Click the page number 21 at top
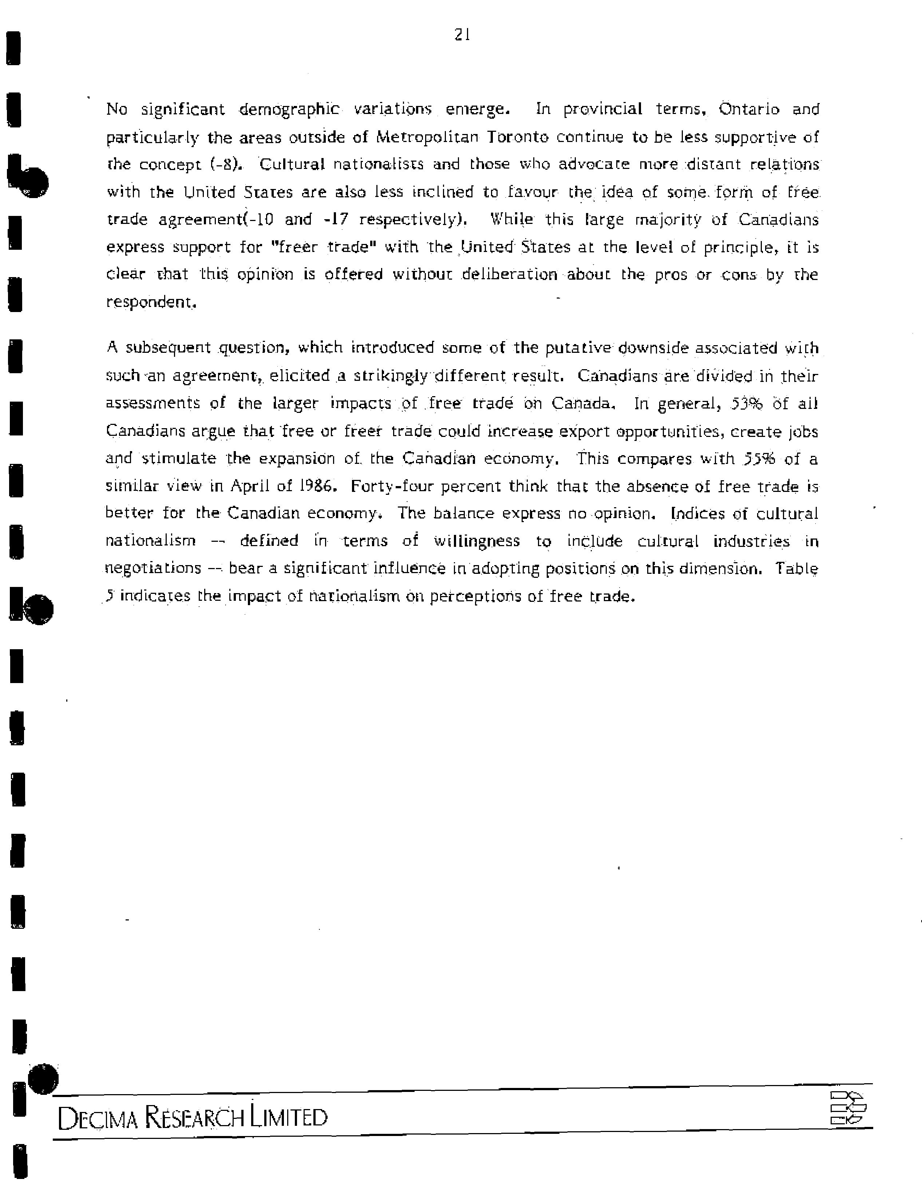tap(462, 35)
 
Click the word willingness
tap(476, 541)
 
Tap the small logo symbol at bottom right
tap(847, 1109)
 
